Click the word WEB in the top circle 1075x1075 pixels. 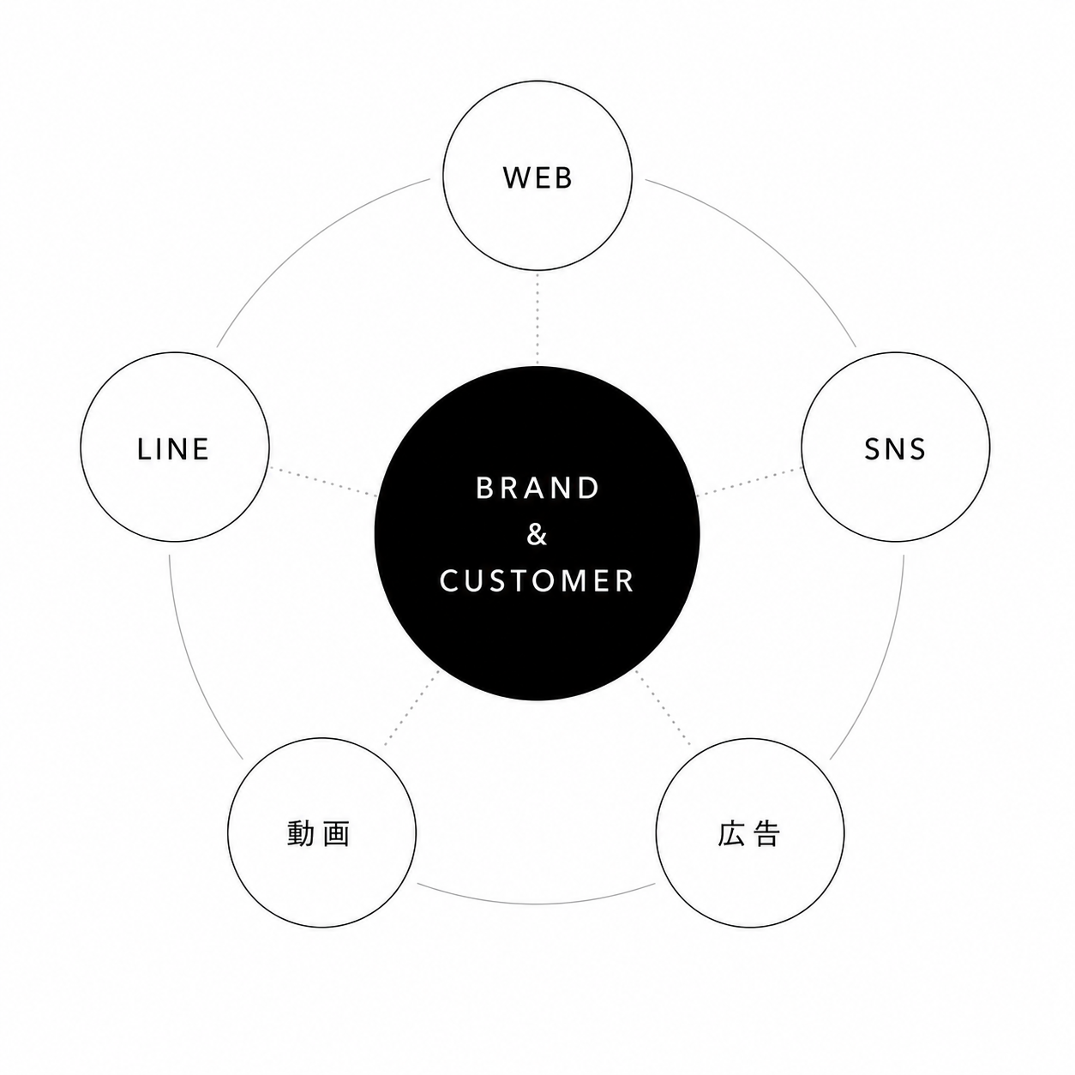(x=537, y=177)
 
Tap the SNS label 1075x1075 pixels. (x=895, y=449)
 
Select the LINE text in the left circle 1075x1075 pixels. (x=173, y=449)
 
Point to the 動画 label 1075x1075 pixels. (x=319, y=833)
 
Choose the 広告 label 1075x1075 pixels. (x=748, y=833)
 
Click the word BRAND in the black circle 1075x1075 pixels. (x=537, y=488)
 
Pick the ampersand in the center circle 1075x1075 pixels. (x=537, y=534)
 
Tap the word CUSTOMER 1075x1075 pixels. (x=537, y=580)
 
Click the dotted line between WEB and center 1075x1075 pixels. (x=537, y=318)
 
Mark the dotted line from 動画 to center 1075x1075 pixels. (x=411, y=707)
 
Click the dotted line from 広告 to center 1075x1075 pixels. (x=663, y=707)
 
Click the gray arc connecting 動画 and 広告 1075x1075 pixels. (x=536, y=904)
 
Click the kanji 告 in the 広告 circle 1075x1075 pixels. (x=766, y=833)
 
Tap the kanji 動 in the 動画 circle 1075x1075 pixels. (x=301, y=833)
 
